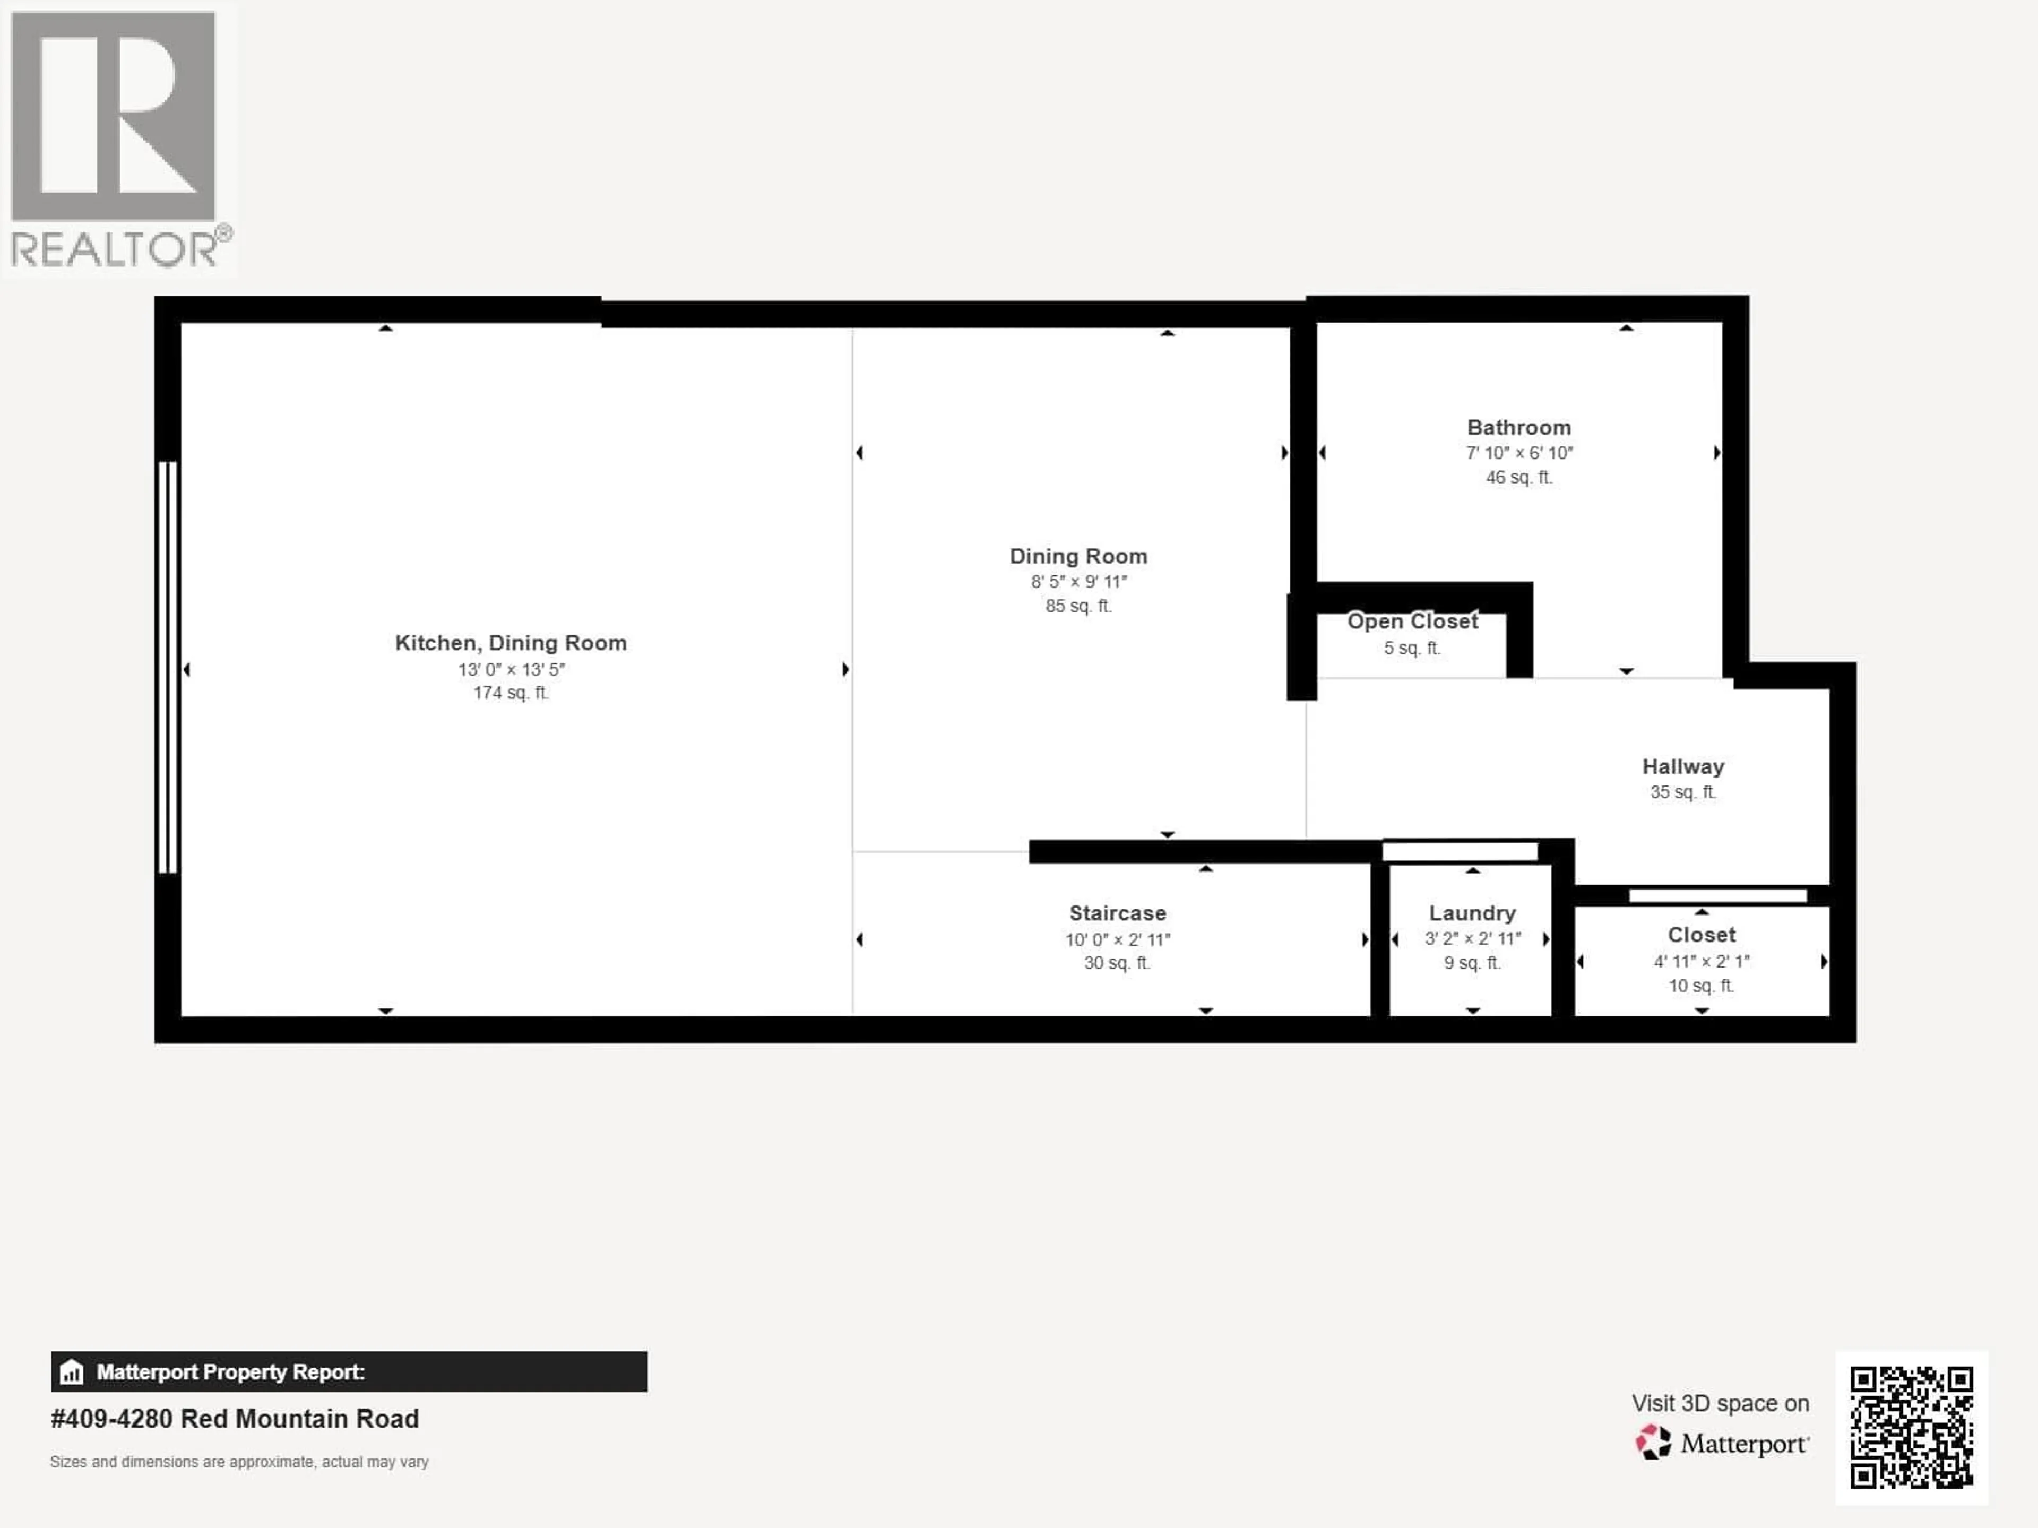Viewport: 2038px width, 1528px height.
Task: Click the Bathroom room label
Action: [1518, 428]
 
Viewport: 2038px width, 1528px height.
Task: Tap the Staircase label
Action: [1117, 913]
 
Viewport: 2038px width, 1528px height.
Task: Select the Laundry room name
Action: [1471, 913]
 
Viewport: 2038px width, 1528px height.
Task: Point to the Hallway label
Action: [1682, 767]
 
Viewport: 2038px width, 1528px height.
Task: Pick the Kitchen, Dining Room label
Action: [511, 643]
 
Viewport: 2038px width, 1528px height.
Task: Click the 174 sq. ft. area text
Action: [511, 693]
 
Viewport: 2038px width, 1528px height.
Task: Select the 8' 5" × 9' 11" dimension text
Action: [1078, 582]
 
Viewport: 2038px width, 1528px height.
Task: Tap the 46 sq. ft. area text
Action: [1518, 477]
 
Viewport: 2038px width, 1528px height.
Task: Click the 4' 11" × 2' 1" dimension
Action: [1701, 961]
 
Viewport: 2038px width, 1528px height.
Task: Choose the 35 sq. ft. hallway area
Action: [1682, 792]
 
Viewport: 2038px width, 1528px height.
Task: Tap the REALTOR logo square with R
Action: [113, 115]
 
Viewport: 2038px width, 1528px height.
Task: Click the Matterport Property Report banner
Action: [348, 1371]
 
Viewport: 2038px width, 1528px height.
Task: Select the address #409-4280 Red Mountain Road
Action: [235, 1418]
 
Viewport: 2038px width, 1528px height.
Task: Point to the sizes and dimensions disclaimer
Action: [239, 1462]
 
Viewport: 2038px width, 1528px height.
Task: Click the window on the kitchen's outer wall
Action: [167, 667]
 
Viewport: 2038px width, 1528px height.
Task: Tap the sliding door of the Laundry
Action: [1460, 851]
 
